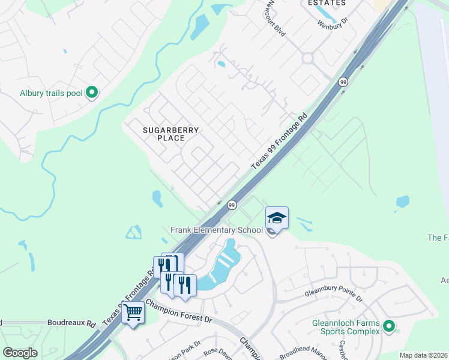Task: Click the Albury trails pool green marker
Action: tap(92, 92)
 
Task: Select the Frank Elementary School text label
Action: tap(217, 230)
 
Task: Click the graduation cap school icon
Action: tap(277, 217)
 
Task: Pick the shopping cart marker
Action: tap(133, 311)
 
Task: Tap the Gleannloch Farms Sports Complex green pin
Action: tap(389, 326)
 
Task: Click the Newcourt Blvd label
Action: tap(277, 17)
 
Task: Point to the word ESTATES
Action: tap(327, 3)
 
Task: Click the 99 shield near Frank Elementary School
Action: tap(232, 205)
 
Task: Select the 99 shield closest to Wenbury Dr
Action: tap(343, 82)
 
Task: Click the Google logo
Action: tap(20, 352)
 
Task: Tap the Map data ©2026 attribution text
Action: tap(424, 355)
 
